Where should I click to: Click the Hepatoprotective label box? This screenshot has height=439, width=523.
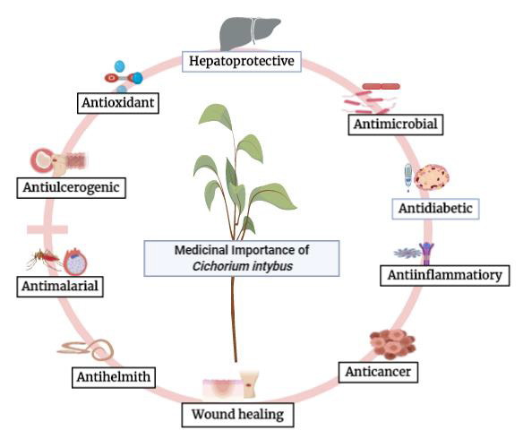(x=242, y=62)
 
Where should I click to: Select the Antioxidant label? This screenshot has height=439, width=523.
(x=118, y=103)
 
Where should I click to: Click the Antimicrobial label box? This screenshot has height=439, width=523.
(x=396, y=125)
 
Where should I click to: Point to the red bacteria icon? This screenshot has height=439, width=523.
(x=371, y=99)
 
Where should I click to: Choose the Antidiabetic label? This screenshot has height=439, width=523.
(x=435, y=209)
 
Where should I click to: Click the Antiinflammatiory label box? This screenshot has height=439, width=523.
(x=445, y=276)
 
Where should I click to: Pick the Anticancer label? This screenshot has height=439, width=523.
(x=378, y=372)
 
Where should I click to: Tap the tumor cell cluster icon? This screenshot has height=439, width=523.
(x=392, y=344)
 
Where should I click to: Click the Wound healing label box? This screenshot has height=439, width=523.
(x=238, y=415)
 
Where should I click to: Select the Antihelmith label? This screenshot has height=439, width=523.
(x=114, y=377)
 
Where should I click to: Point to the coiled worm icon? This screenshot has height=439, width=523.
(x=86, y=350)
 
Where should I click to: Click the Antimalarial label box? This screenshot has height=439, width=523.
(x=60, y=286)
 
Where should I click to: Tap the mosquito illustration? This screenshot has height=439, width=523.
(x=43, y=258)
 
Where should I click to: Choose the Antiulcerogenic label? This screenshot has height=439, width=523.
(x=72, y=188)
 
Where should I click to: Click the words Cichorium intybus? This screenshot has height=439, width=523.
(x=243, y=267)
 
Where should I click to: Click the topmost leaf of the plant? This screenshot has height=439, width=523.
(x=216, y=116)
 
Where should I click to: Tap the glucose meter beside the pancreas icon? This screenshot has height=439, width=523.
(x=408, y=177)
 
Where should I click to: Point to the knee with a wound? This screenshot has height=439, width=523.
(x=250, y=383)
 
